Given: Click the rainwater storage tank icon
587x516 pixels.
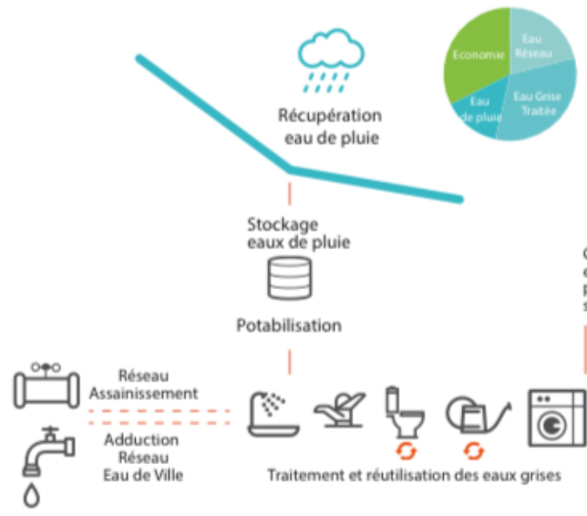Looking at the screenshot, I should coord(289,279).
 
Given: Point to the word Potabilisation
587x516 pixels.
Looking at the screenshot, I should coord(289,325).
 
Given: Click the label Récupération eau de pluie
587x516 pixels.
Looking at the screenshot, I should coord(329,128).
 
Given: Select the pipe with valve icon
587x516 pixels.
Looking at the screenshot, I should coord(46,385).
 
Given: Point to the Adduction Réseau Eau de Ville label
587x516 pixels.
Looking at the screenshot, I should coord(143,456).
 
